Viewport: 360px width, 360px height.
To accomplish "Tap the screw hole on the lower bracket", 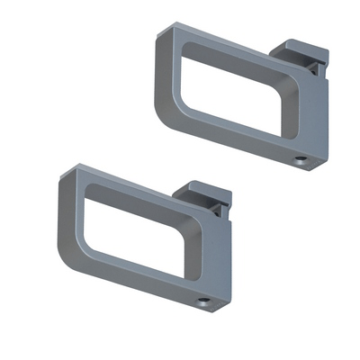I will pos(204,301).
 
